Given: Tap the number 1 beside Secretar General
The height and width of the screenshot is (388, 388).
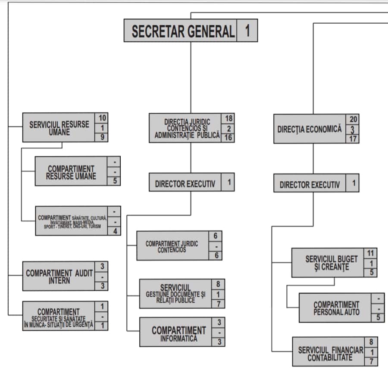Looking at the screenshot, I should (247, 31).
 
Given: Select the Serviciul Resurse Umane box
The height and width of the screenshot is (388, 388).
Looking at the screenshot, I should (59, 127).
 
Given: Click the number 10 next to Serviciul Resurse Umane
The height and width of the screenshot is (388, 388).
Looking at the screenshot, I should (102, 118).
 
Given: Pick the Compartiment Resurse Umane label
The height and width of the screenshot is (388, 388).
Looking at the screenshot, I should (71, 172).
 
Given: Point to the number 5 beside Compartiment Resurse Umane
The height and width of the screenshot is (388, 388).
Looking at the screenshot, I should (115, 181).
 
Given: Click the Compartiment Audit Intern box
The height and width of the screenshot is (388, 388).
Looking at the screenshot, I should (59, 276).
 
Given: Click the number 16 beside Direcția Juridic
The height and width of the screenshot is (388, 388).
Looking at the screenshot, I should (228, 138).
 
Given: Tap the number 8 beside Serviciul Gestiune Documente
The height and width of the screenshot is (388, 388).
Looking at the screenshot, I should (218, 284).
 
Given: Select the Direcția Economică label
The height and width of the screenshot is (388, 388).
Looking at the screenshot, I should (310, 129).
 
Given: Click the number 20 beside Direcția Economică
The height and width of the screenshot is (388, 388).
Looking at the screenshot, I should (353, 119).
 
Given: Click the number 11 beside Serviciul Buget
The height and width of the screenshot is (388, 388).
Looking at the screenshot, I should (371, 253).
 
